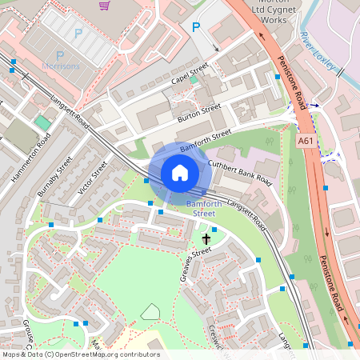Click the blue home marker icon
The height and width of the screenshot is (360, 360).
point(180,173)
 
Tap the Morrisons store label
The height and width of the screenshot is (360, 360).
point(61,66)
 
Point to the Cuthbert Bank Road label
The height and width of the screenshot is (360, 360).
point(240,173)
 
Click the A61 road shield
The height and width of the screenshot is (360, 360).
point(304,139)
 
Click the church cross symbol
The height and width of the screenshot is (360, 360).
point(206,239)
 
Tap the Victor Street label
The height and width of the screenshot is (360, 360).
point(94,178)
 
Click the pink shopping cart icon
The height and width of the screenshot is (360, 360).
point(105,5)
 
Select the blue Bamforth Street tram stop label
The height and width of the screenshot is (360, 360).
point(201,209)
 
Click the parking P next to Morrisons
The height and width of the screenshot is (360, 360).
point(78,34)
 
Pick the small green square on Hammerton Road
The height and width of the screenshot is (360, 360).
point(42,122)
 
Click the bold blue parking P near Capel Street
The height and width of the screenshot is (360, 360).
point(196,27)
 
